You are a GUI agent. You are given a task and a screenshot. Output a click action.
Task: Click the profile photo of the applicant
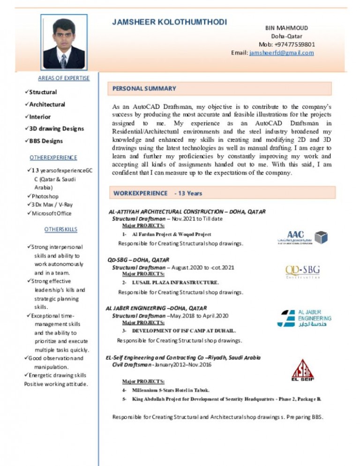tap(64, 43)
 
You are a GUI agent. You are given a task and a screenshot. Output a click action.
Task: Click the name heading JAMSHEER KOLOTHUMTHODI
tap(169, 23)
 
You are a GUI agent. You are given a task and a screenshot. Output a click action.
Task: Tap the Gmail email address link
tap(282, 53)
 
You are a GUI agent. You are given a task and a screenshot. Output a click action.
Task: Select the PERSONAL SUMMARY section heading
tap(144, 88)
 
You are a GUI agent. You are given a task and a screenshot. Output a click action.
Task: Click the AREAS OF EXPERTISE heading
tap(64, 78)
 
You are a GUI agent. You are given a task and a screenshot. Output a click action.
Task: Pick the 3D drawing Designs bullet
tap(57, 128)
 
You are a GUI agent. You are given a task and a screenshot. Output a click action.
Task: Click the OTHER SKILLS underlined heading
tap(60, 229)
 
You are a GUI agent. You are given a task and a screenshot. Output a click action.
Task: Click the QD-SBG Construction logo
tap(303, 271)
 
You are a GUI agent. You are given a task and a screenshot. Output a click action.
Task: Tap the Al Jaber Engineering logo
tap(304, 318)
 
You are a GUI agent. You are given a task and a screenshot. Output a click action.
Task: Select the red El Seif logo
tap(303, 370)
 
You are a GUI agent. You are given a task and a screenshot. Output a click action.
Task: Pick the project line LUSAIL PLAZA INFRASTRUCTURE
tap(175, 283)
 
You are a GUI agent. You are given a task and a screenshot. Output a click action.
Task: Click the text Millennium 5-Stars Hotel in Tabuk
tap(171, 390)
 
